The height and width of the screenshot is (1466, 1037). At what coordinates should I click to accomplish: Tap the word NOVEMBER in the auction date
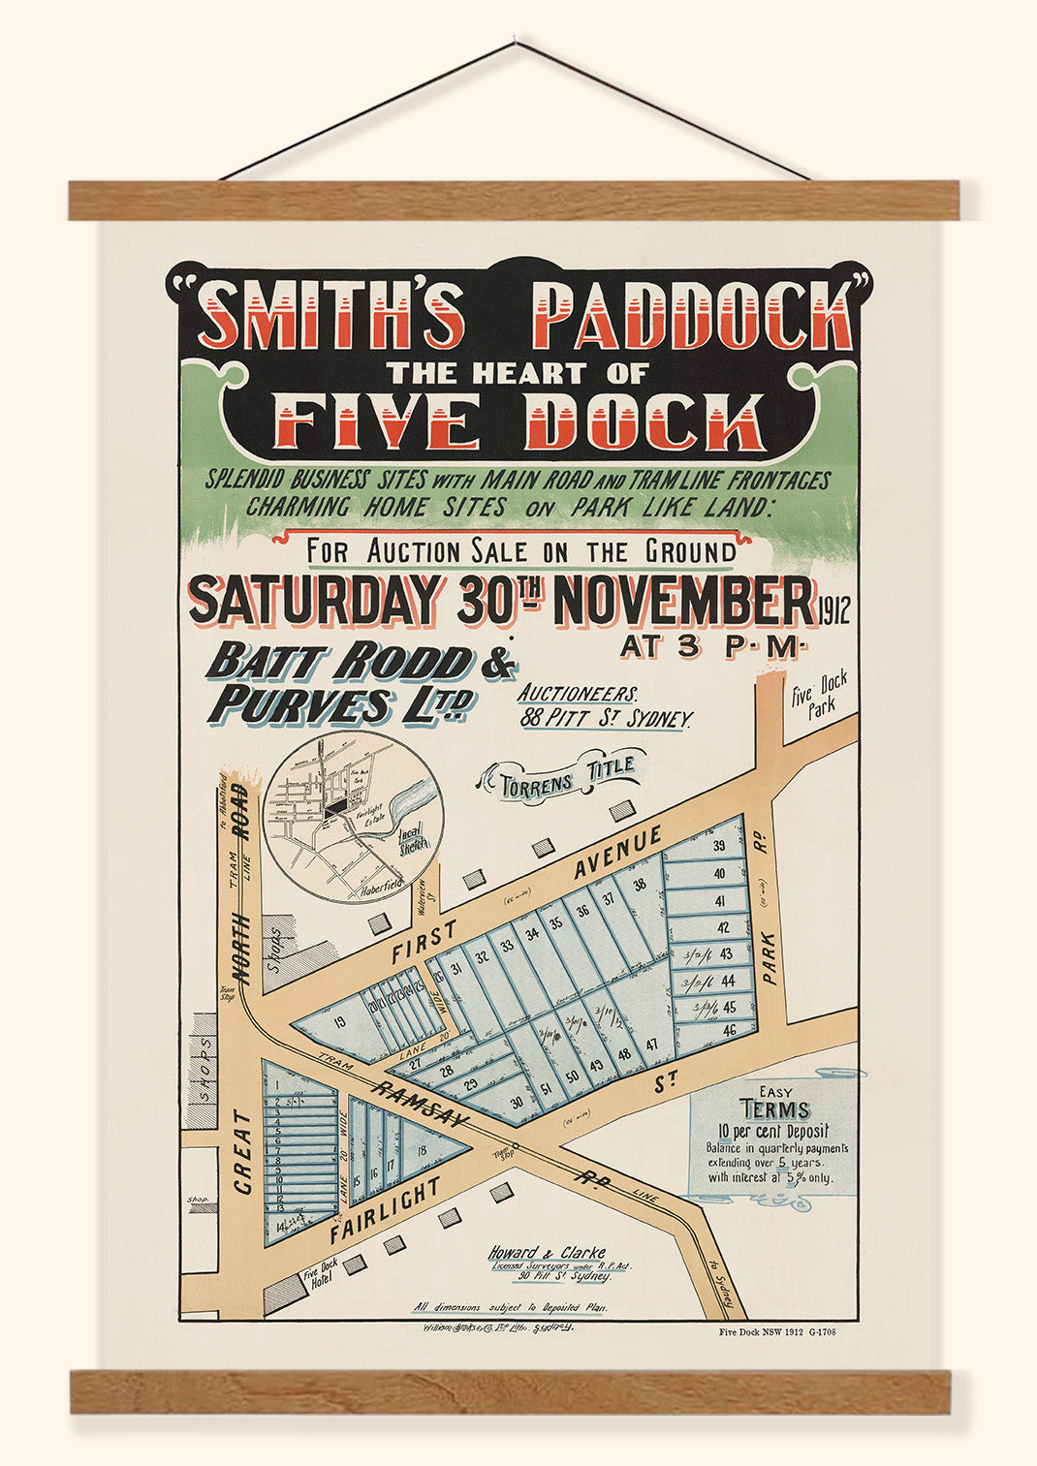coord(683,602)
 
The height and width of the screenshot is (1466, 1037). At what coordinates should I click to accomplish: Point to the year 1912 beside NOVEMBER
coord(833,611)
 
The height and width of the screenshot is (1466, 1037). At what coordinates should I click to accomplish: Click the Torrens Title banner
coord(567,777)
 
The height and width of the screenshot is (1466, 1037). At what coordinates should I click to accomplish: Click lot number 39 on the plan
coord(718,846)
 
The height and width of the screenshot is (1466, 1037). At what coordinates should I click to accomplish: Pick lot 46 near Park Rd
coord(730,1029)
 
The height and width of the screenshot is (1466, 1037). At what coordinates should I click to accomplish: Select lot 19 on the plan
coord(338,1021)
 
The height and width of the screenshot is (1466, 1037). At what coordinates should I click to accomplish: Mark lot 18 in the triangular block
coord(421,1150)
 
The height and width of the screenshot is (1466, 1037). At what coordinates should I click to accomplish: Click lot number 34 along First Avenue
coord(531,934)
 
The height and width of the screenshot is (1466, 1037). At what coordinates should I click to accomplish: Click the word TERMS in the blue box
coord(774,1110)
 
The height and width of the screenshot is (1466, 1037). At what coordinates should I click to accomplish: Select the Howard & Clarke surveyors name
coord(547,1252)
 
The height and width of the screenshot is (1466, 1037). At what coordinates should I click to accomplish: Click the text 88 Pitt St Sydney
coord(607,719)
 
